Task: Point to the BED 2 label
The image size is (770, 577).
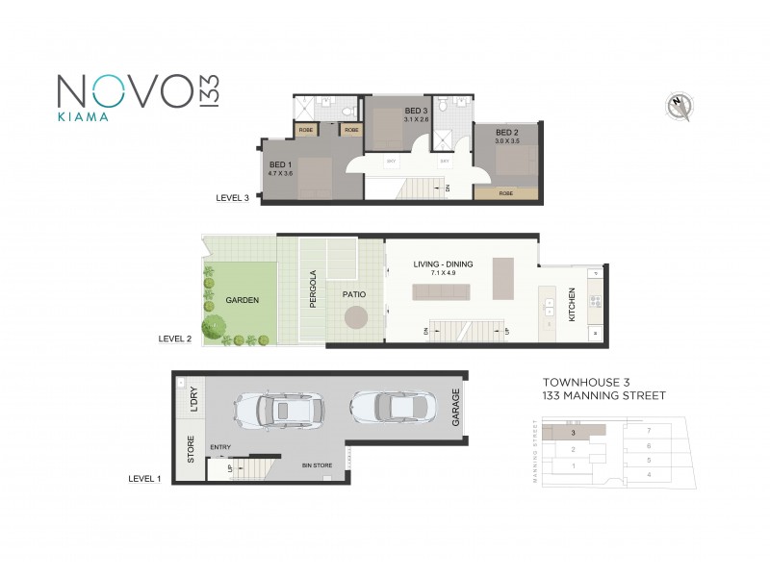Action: [507, 133]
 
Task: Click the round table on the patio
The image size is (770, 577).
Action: [356, 316]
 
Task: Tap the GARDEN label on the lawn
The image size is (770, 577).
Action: [242, 299]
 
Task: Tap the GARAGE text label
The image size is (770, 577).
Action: [455, 408]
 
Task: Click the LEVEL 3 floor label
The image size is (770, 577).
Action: [233, 199]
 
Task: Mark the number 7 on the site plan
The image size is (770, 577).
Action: [650, 430]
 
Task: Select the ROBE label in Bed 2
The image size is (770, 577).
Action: [506, 193]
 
